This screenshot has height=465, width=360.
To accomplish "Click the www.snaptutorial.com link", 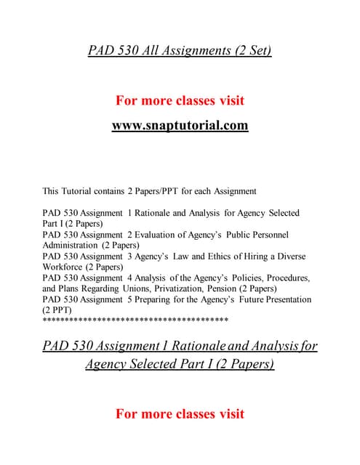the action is click(x=180, y=126).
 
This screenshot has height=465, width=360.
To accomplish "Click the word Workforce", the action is click(x=63, y=267).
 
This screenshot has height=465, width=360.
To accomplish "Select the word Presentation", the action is click(x=284, y=299).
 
